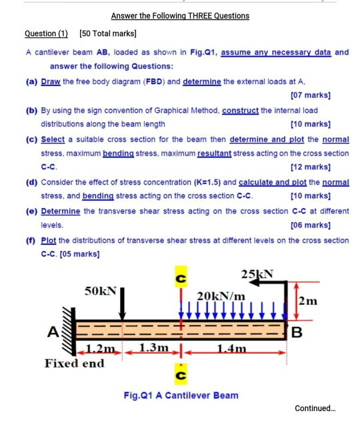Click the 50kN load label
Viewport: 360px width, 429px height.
101,292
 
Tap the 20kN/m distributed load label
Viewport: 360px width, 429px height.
221,296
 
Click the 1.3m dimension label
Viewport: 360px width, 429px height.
155,348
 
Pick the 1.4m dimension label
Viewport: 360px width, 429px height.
233,348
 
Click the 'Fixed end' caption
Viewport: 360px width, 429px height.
75,363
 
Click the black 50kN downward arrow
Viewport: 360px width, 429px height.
122,304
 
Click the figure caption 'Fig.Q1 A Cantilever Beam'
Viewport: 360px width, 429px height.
180,395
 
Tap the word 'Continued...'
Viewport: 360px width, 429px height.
320,408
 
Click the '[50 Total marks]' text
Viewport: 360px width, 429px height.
107,33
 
